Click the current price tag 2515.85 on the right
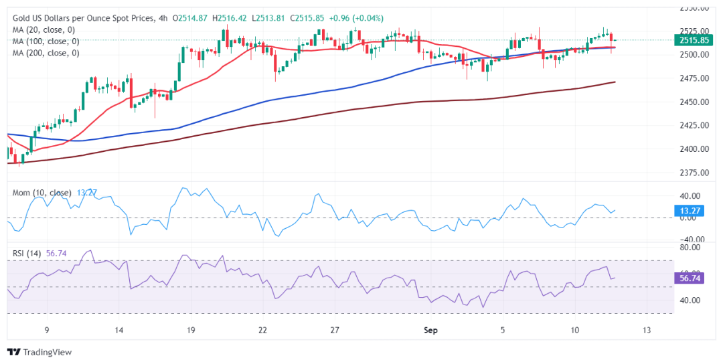pyautogui.click(x=694, y=41)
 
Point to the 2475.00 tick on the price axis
pyautogui.click(x=693, y=78)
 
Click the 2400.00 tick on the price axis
pyautogui.click(x=693, y=149)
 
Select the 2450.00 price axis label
pyautogui.click(x=693, y=102)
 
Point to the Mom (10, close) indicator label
pyautogui.click(x=42, y=193)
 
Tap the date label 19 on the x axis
pyautogui.click(x=191, y=330)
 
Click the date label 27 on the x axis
pyautogui.click(x=335, y=330)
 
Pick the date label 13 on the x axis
pyautogui.click(x=647, y=330)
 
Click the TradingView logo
pyautogui.click(x=39, y=352)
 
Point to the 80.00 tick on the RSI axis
pyautogui.click(x=690, y=248)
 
